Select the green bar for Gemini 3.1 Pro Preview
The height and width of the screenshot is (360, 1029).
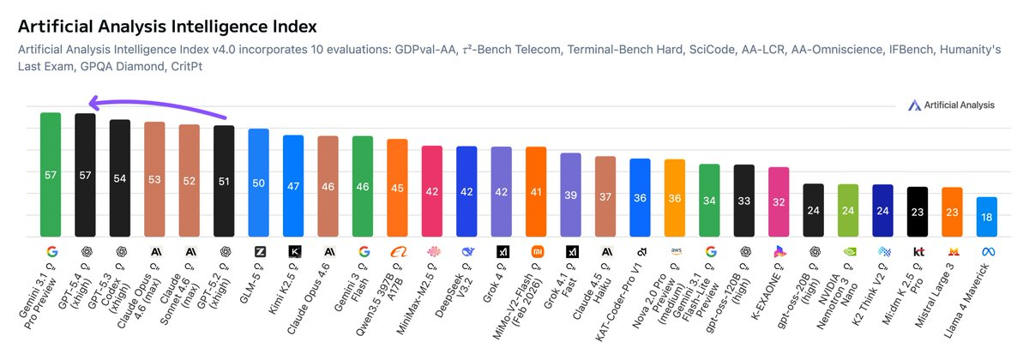click(51, 175)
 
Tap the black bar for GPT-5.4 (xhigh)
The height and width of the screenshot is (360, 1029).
click(85, 175)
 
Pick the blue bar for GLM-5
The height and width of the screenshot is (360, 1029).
click(258, 183)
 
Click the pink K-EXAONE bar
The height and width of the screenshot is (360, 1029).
click(779, 202)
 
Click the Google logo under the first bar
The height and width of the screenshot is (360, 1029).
click(51, 252)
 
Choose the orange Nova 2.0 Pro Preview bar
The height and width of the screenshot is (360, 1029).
click(675, 198)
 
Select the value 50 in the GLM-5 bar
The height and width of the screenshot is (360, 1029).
click(258, 183)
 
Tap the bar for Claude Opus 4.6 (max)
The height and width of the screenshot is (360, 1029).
click(154, 179)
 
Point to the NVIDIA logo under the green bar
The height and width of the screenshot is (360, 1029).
click(848, 252)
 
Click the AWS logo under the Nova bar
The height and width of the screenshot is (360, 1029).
click(675, 252)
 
